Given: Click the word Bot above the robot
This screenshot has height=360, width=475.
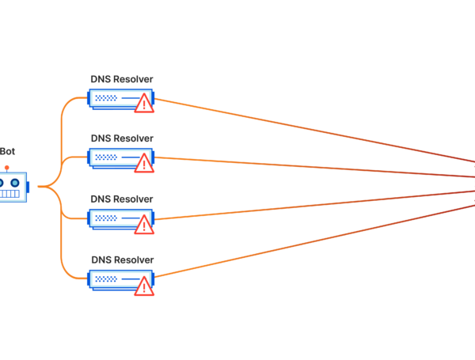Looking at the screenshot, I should [x=6, y=151].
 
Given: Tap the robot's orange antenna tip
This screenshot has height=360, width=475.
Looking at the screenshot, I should [x=6, y=167].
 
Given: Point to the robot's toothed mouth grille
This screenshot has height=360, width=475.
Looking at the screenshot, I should [x=9, y=192].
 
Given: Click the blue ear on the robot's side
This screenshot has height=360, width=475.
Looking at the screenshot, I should [x=28, y=187].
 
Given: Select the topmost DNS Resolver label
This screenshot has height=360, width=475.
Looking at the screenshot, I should [x=122, y=78].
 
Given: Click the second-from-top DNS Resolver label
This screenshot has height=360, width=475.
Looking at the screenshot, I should [x=122, y=138].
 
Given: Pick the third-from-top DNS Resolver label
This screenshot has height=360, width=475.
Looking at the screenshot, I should [x=122, y=199].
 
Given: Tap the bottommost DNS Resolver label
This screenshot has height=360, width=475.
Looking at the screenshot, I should [x=122, y=259].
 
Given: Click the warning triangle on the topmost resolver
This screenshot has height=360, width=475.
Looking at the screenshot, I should [x=143, y=103].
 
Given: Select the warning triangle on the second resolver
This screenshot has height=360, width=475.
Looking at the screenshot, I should [x=143, y=163].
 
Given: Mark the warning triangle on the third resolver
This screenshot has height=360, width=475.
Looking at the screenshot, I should [x=143, y=225].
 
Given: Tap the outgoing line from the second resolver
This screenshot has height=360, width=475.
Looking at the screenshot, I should [x=317, y=168].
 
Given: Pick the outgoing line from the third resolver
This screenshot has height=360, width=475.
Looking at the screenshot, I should [x=317, y=204].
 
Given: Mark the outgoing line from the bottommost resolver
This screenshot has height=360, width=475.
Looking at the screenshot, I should [x=317, y=241].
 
